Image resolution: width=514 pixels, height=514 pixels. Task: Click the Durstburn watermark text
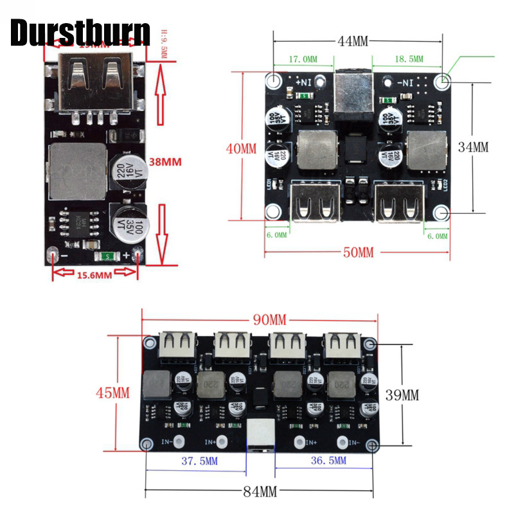(x=80, y=33)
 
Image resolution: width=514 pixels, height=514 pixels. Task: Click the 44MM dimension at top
(x=353, y=41)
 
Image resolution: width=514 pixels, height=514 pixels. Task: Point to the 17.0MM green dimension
(x=303, y=59)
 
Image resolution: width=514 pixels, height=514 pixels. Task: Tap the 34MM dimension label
(x=473, y=146)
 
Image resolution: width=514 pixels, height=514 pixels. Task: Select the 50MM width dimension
(x=358, y=252)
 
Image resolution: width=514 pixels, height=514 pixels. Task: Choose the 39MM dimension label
(x=402, y=394)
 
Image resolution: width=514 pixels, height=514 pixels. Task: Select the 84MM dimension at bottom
(x=261, y=492)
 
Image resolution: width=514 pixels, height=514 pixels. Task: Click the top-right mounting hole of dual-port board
(x=442, y=81)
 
